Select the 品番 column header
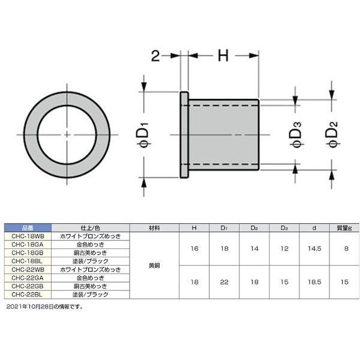coord(28,228)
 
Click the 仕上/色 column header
coord(90,228)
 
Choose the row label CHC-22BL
coord(28,295)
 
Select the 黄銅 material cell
coord(154,266)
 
